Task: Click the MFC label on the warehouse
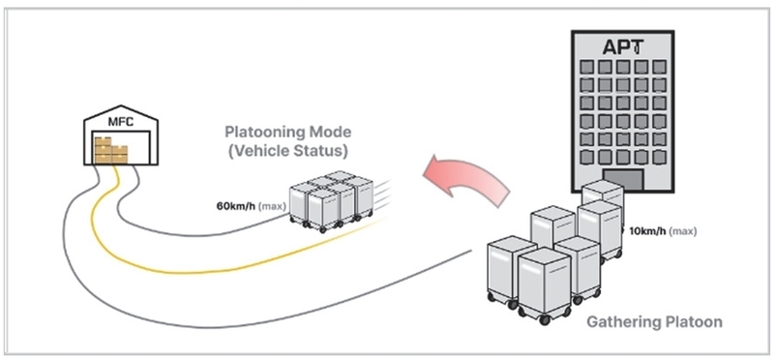(x=121, y=122)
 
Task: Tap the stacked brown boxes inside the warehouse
(x=111, y=149)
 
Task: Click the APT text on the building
(x=623, y=47)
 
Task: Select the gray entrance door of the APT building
(x=623, y=180)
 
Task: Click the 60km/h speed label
(x=236, y=205)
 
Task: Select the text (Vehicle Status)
(x=287, y=151)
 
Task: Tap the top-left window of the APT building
(x=586, y=67)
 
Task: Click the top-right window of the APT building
(x=660, y=67)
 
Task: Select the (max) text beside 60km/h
(x=272, y=206)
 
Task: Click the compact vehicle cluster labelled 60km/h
(x=331, y=201)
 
